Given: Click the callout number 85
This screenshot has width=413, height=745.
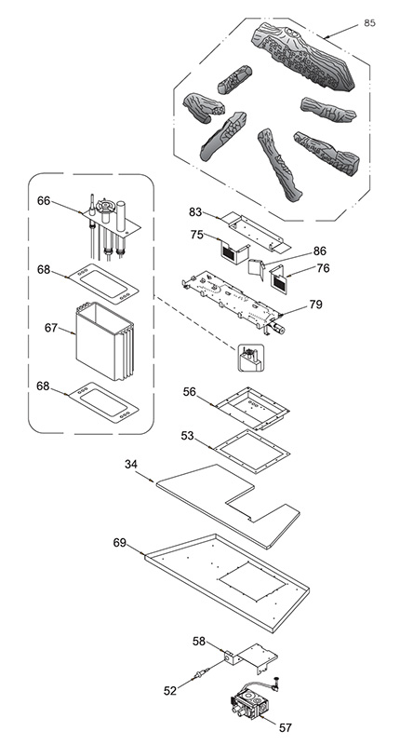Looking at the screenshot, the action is [x=369, y=22].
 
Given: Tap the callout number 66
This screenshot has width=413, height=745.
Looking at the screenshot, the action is [x=44, y=201].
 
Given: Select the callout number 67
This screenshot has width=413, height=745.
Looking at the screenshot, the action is [x=51, y=328].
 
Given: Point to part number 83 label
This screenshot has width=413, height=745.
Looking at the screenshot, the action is [x=195, y=212].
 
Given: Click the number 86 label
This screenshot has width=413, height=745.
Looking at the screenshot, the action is [x=320, y=251].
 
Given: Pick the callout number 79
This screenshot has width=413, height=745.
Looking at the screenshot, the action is [x=315, y=305].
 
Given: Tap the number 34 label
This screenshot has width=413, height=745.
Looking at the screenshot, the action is [x=131, y=464].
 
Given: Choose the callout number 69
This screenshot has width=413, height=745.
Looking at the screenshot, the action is [x=120, y=543].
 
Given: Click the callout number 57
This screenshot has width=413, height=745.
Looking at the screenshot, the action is [x=286, y=727].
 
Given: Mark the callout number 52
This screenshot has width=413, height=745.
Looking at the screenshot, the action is [x=170, y=691].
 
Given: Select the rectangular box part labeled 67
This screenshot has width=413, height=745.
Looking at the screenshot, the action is [x=105, y=341].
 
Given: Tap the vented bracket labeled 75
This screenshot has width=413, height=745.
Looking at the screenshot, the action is [x=234, y=251].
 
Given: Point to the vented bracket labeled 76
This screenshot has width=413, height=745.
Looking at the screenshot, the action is [x=278, y=279].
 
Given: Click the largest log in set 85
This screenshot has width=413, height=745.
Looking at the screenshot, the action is [x=304, y=56].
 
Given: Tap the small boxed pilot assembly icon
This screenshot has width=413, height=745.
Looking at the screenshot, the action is [x=251, y=358].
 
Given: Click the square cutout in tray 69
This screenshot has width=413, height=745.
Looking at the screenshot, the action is [x=254, y=579].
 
